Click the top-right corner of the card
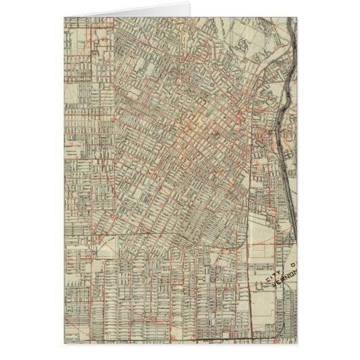pyautogui.click(x=300, y=14)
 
